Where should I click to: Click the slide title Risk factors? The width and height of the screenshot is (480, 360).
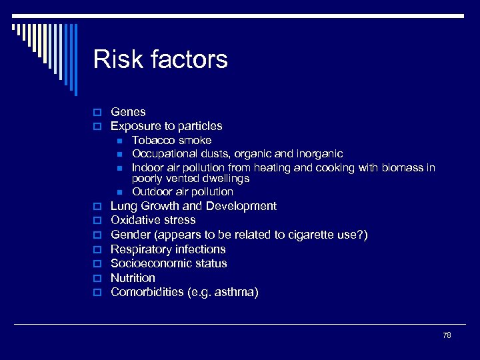[x=160, y=59]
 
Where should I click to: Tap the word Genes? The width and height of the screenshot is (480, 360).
[x=128, y=112]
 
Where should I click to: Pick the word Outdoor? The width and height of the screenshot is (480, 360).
[x=152, y=192]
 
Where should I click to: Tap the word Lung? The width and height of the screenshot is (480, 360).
[x=124, y=206]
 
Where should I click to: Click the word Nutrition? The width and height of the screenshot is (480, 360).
[x=133, y=278]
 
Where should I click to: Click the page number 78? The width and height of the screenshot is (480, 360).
[x=447, y=335]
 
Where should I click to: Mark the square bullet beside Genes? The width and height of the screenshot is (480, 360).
[x=97, y=112]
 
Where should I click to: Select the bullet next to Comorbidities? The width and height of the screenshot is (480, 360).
[x=97, y=293]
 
